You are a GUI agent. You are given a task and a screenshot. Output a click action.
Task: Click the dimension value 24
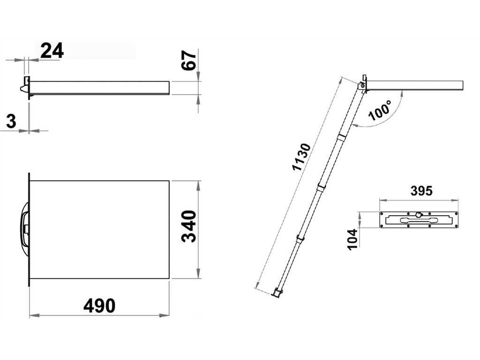(x=52, y=51)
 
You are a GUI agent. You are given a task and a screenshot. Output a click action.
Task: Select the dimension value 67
(x=189, y=61)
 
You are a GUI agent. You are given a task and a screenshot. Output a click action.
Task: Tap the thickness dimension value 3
(x=11, y=121)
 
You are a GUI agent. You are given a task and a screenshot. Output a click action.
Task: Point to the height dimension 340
(x=189, y=226)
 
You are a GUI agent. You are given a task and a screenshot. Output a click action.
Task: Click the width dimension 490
(x=99, y=306)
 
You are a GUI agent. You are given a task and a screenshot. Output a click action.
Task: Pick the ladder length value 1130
(x=301, y=157)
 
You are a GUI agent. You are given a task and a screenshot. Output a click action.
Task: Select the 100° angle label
(x=380, y=110)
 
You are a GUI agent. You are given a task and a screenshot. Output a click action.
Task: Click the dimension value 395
(x=421, y=191)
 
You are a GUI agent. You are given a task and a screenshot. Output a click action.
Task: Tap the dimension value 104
(x=353, y=239)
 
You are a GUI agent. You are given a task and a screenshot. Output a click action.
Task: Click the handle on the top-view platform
(x=24, y=229)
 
